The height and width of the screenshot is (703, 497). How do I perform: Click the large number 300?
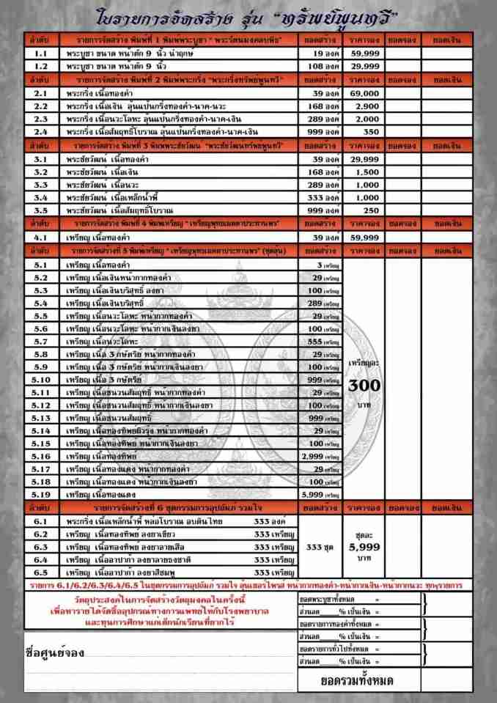pyautogui.click(x=361, y=385)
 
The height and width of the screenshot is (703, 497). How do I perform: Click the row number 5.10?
pyautogui.click(x=42, y=380)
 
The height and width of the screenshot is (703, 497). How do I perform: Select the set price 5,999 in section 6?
pyautogui.click(x=362, y=546)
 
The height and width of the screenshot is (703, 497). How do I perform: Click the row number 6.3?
pyautogui.click(x=42, y=547)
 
